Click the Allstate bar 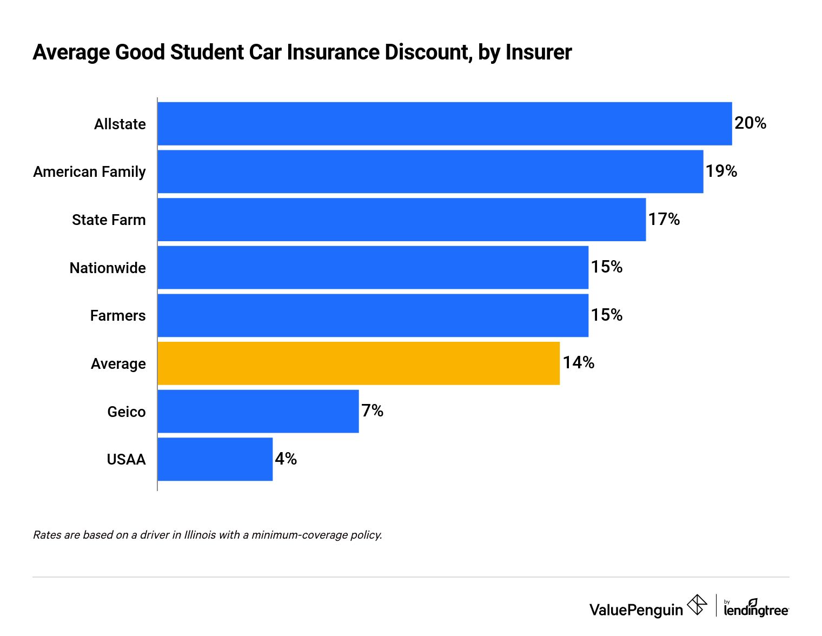pyautogui.click(x=445, y=124)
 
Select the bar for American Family pyautogui.click(x=430, y=171)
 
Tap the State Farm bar pyautogui.click(x=402, y=220)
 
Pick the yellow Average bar pyautogui.click(x=359, y=363)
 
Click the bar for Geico pyautogui.click(x=258, y=411)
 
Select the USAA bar pyautogui.click(x=215, y=459)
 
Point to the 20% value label pyautogui.click(x=750, y=123)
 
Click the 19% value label pyautogui.click(x=721, y=171)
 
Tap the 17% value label pyautogui.click(x=664, y=219)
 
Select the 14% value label pyautogui.click(x=578, y=363)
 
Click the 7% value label pyautogui.click(x=372, y=411)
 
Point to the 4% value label pyautogui.click(x=286, y=459)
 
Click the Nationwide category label pyautogui.click(x=108, y=268)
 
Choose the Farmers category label pyautogui.click(x=118, y=316)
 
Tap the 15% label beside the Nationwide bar pyautogui.click(x=606, y=267)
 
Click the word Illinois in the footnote pyautogui.click(x=200, y=535)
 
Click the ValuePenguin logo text pyautogui.click(x=636, y=610)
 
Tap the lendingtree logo pyautogui.click(x=756, y=608)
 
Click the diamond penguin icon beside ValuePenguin pyautogui.click(x=697, y=605)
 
